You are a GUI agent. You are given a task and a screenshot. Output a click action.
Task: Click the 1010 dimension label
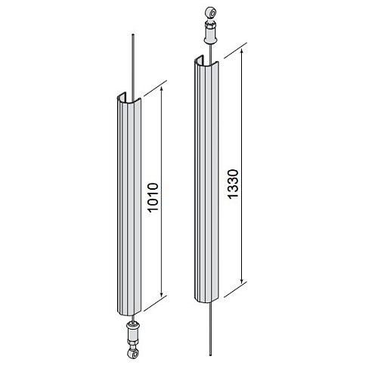(x=153, y=198)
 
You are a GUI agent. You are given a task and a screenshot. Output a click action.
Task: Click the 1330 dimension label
(x=233, y=184)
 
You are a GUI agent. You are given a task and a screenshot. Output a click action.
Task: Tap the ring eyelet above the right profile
(x=210, y=13)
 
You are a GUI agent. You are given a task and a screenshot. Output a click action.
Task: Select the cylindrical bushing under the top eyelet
(x=210, y=33)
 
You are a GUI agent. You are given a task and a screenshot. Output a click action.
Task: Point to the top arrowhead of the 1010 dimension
(x=162, y=88)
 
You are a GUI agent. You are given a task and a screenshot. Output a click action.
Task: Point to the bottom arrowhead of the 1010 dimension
(x=162, y=294)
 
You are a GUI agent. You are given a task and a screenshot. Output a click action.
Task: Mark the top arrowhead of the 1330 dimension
(x=242, y=52)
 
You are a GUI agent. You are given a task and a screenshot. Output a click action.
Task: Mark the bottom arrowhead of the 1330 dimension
(x=242, y=280)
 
